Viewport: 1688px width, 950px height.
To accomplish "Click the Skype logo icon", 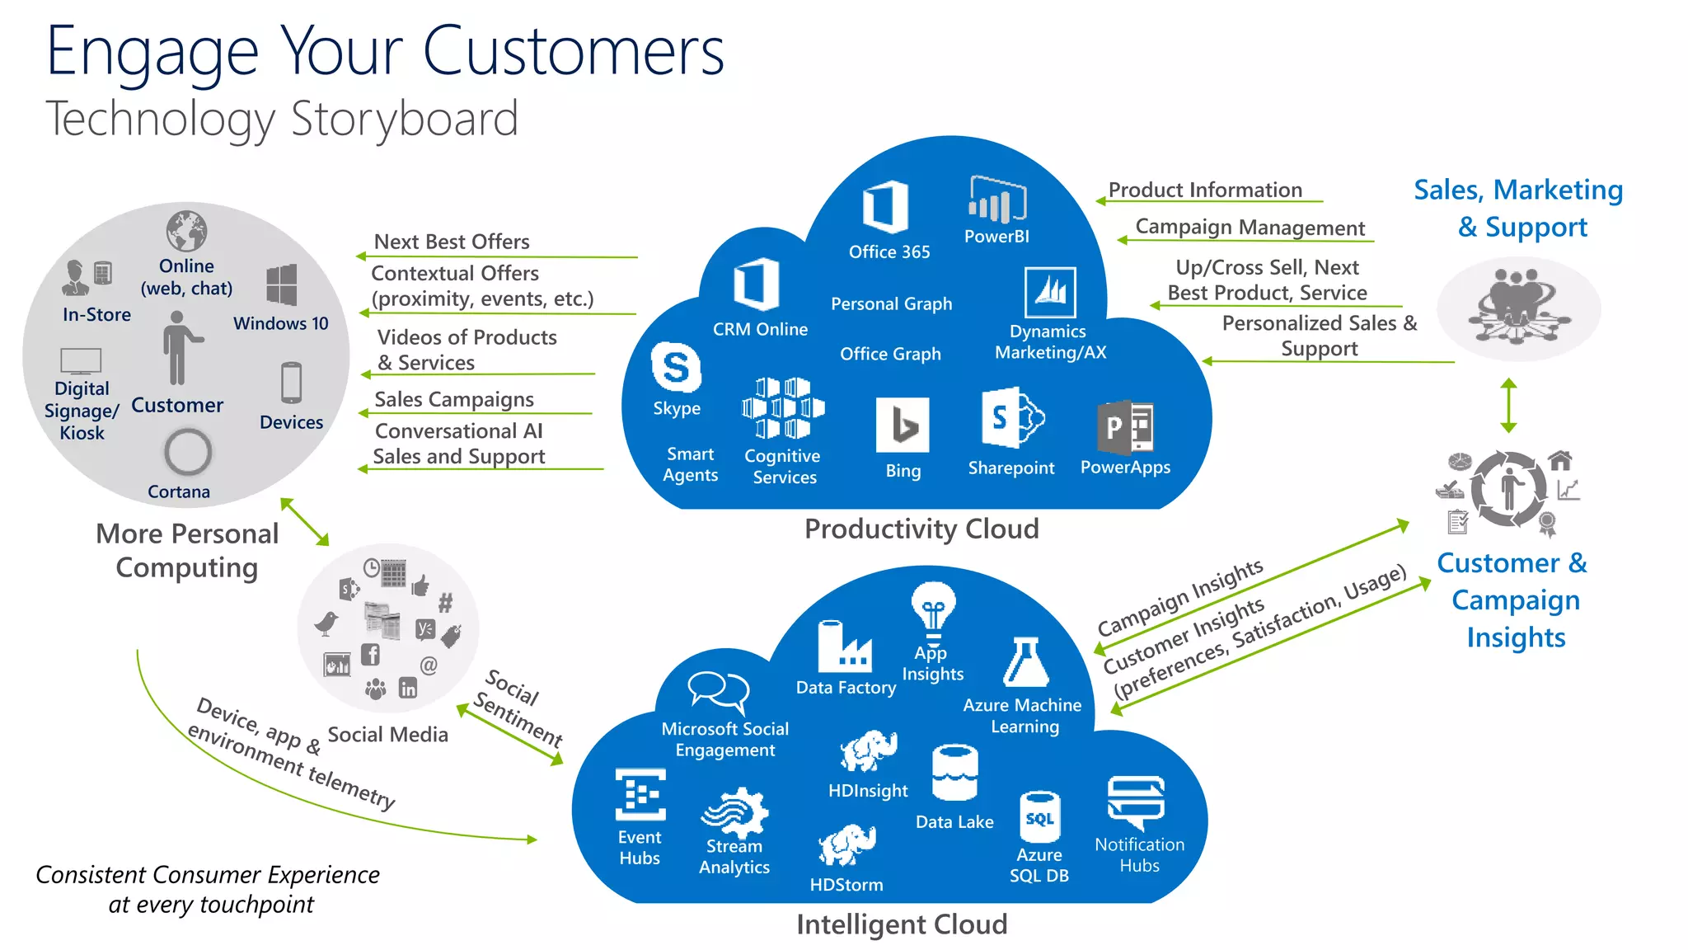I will tap(676, 367).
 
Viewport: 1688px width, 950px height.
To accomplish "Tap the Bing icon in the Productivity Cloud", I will tap(903, 426).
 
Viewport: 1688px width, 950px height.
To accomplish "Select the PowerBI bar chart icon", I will tap(997, 200).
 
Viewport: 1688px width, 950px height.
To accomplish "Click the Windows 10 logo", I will tap(282, 285).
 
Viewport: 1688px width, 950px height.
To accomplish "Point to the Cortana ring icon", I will tap(188, 452).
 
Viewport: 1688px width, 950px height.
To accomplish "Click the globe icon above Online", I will tap(186, 231).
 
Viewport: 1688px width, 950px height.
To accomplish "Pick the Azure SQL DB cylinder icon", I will tap(1039, 816).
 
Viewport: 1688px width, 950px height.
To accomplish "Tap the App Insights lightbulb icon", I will tap(933, 610).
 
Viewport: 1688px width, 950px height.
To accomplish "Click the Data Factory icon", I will tap(844, 647).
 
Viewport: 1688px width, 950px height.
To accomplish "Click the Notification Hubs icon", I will tap(1137, 802).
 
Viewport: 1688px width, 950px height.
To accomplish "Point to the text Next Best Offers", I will tap(452, 242).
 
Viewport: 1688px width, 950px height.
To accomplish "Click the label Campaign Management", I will tap(1250, 228).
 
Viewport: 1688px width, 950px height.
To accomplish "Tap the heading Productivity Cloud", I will tap(921, 529).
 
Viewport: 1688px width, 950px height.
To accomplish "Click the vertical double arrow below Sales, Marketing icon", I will tap(1508, 406).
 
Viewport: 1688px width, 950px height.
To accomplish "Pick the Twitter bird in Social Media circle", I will tap(326, 623).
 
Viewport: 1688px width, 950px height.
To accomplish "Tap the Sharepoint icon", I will tap(1012, 417).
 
